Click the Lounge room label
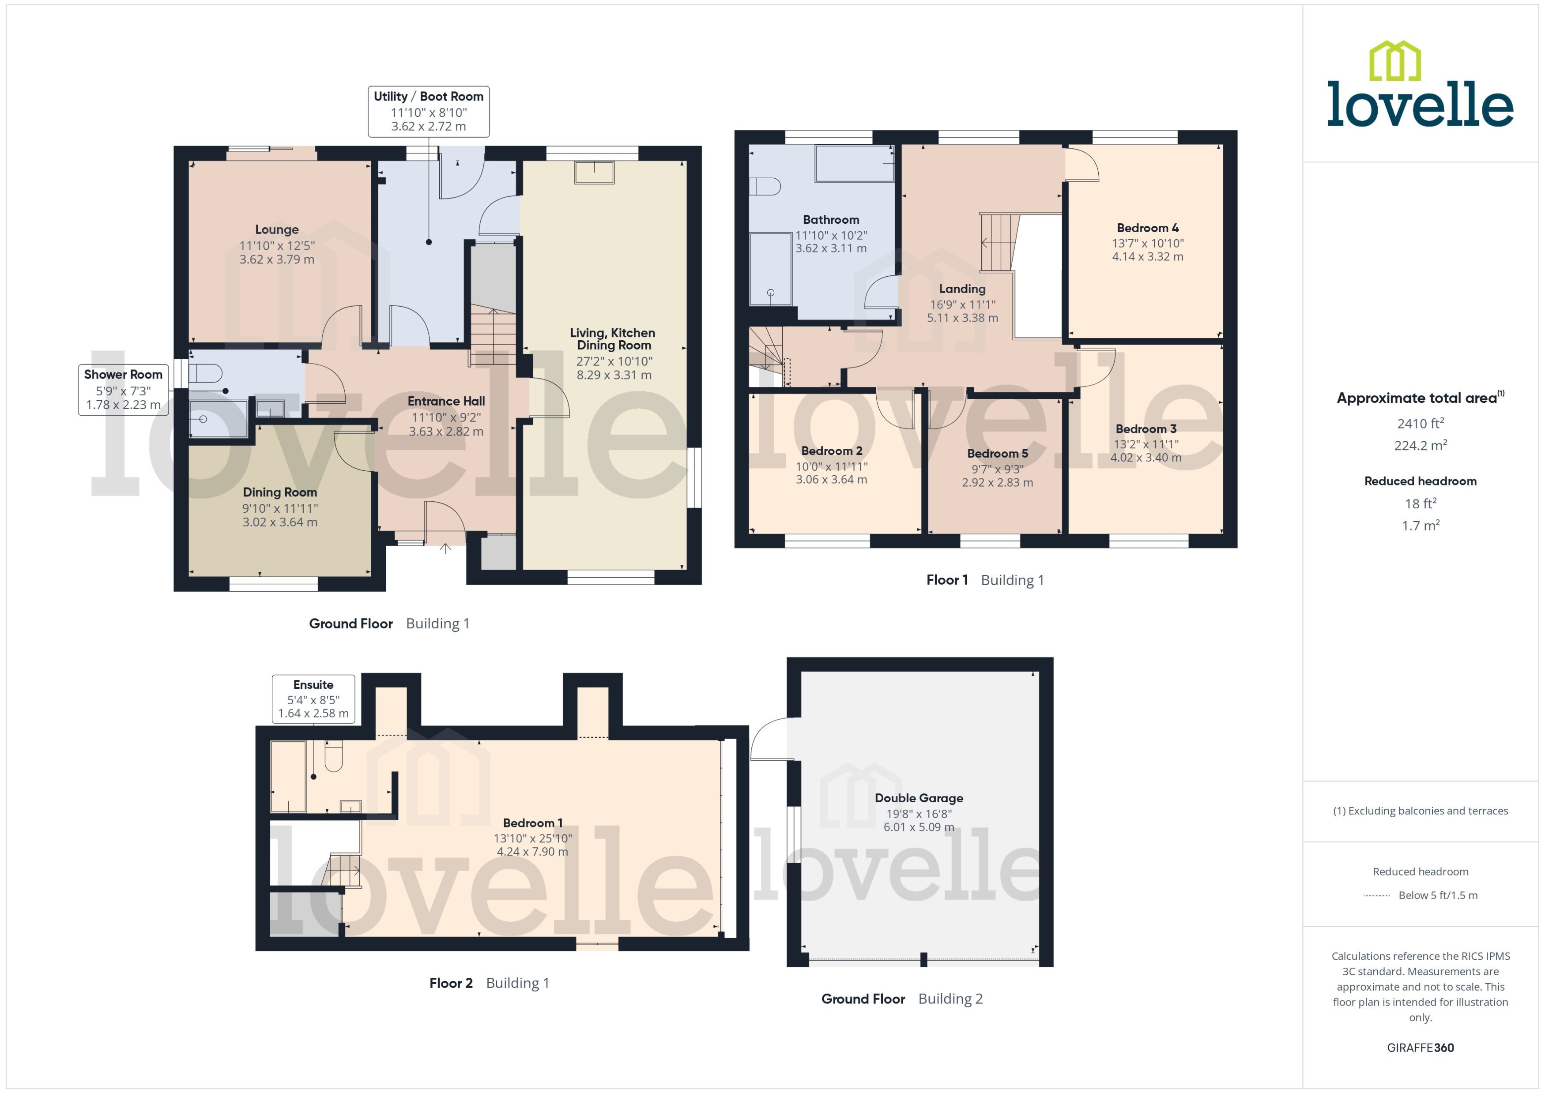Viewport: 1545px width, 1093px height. pos(277,229)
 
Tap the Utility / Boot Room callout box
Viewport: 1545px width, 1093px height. pos(428,111)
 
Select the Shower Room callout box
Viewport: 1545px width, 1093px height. pos(123,390)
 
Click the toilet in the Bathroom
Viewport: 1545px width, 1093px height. pos(765,186)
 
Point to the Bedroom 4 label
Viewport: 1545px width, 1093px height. pos(1147,228)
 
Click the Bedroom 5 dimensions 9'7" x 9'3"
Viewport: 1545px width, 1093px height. pos(997,469)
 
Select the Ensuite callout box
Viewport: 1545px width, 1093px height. pos(313,699)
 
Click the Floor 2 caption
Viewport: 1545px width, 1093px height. pos(450,983)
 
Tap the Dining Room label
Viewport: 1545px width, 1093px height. pos(279,492)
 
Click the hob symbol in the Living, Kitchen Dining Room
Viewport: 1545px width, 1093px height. pos(595,173)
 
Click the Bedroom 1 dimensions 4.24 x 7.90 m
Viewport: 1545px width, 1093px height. pos(532,851)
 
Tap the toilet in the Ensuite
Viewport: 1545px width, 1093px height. pos(333,758)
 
